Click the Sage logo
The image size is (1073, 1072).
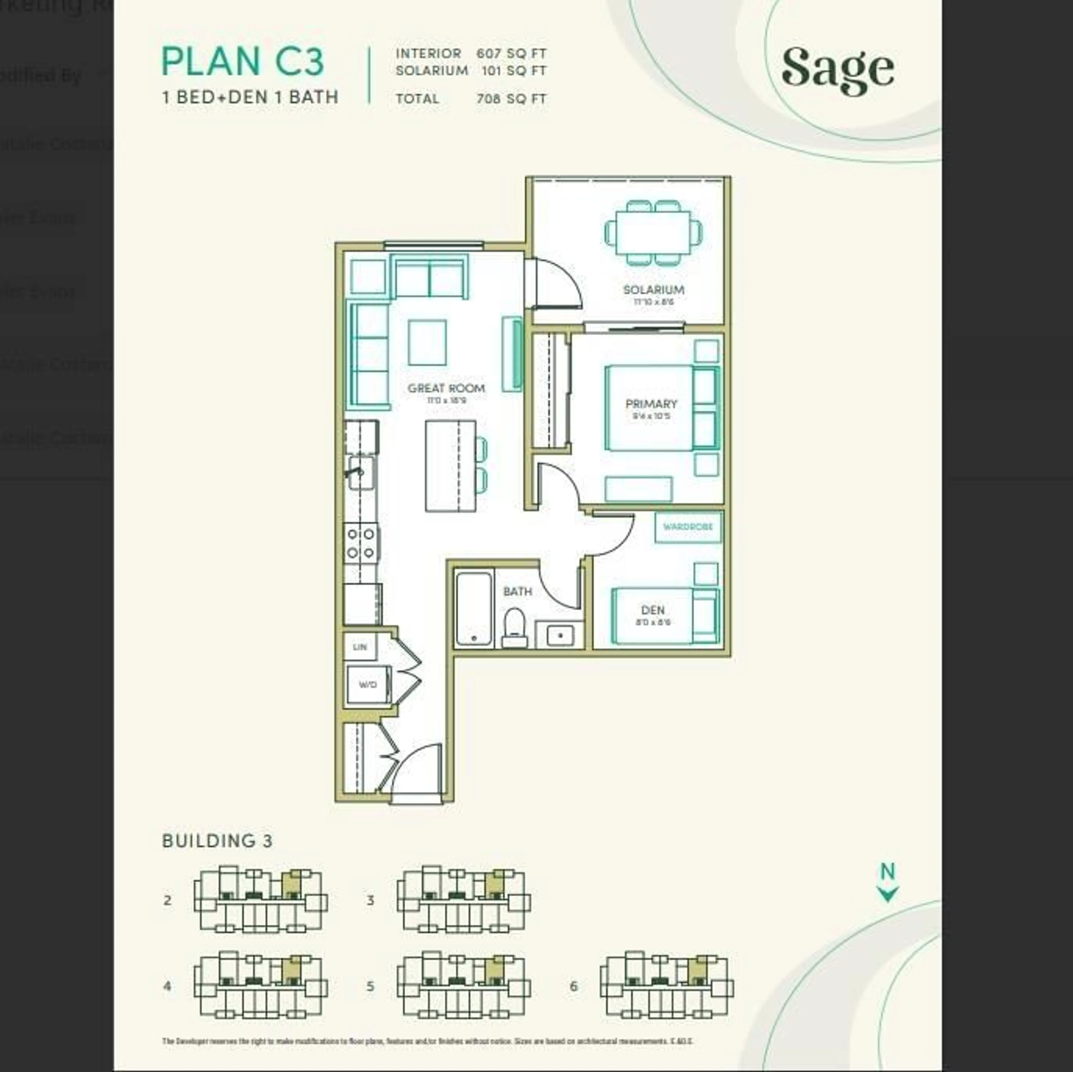[837, 70]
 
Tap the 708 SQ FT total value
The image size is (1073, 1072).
[511, 99]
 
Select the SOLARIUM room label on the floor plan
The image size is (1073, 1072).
[653, 290]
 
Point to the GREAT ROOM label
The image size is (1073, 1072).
[446, 388]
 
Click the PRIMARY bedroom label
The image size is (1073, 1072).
[651, 403]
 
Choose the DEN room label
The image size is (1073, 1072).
[652, 610]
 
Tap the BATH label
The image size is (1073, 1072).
[517, 591]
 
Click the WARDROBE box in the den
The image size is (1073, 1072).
[688, 526]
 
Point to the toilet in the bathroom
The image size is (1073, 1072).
[514, 627]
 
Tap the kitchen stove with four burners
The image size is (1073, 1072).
[361, 543]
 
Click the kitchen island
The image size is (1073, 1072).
[450, 466]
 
